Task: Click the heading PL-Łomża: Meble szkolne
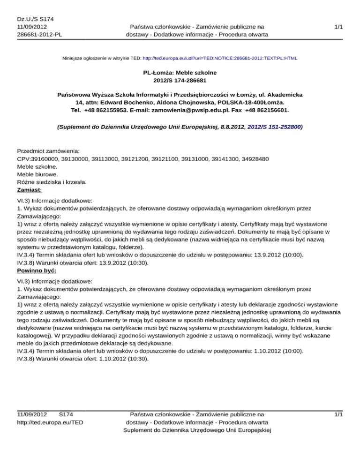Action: (x=180, y=73)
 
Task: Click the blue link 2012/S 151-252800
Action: (x=273, y=126)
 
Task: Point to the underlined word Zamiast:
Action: (x=30, y=190)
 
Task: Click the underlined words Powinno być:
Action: (x=37, y=271)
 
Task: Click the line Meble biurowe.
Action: (x=37, y=174)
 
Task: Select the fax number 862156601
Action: (x=271, y=110)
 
